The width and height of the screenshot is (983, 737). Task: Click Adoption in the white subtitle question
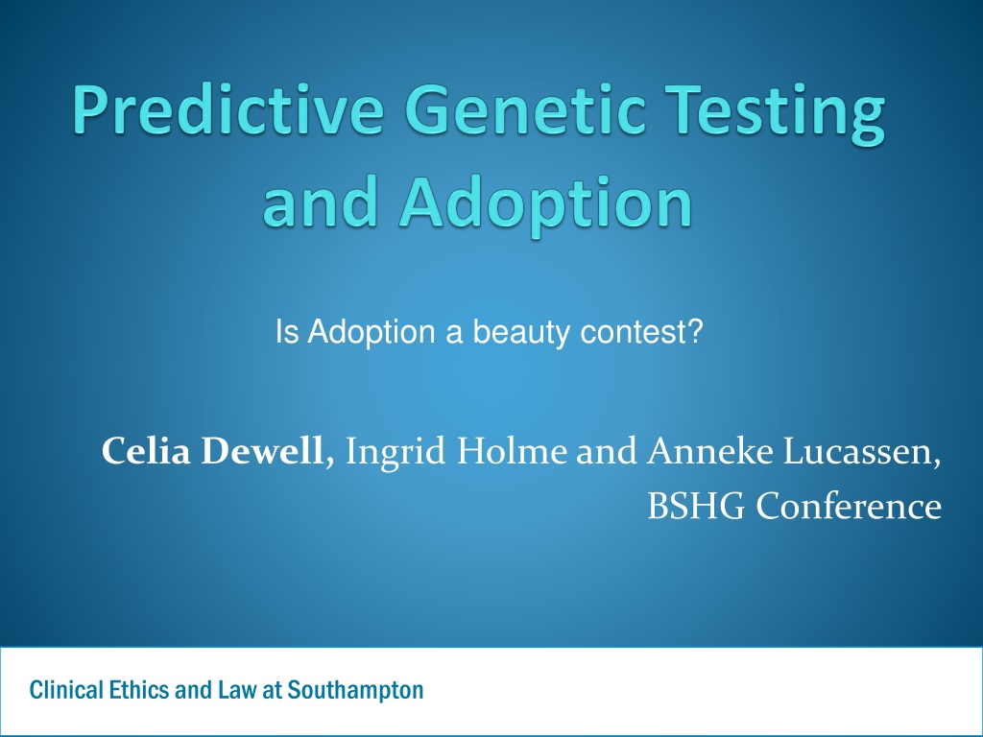coord(372,333)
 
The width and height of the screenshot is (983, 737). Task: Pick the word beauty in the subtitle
coord(521,333)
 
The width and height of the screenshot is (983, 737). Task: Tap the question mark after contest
coord(695,331)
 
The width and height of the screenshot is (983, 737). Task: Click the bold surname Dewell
coord(261,451)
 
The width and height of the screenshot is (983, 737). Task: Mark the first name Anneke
coord(709,451)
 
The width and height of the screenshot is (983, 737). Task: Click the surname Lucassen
coord(858,451)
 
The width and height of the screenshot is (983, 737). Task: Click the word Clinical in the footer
coord(66,690)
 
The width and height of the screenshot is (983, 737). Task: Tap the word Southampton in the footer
coord(355,691)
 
